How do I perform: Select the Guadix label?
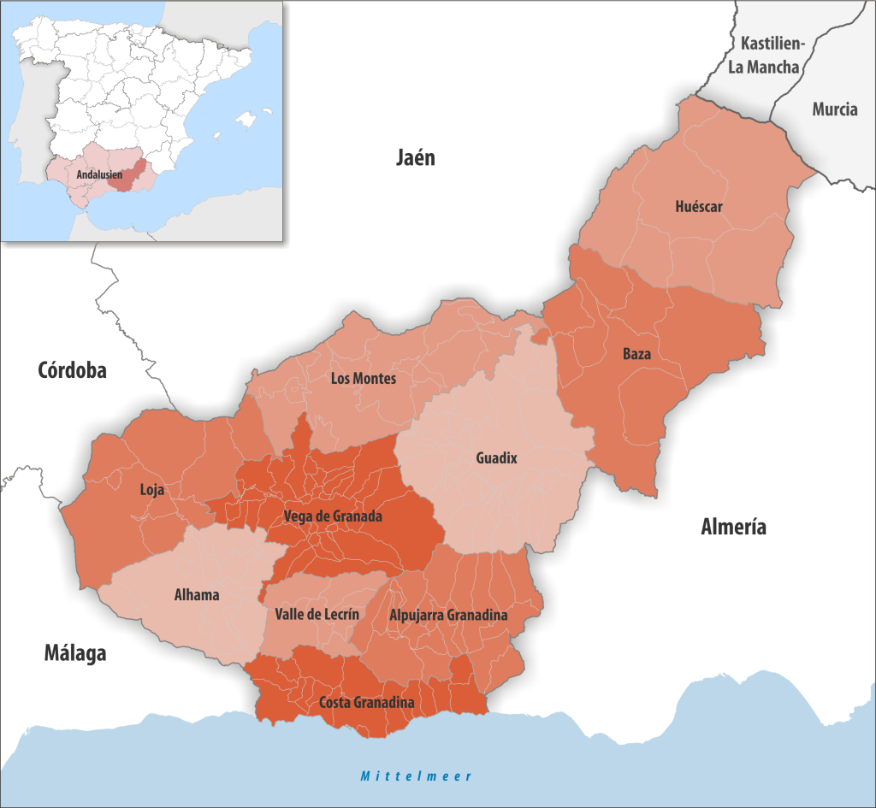point(496,458)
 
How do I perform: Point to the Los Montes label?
point(364,378)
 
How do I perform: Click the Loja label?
point(151,491)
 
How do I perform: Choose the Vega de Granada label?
point(333,516)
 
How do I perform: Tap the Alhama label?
point(197,595)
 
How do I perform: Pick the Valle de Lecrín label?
point(317,614)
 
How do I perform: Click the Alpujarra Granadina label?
point(448,615)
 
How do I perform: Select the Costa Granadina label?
point(366,703)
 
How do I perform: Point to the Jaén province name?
point(415,157)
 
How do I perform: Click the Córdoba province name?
point(72,370)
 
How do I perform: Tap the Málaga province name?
point(75,654)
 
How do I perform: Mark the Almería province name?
point(733,528)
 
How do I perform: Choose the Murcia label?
point(835,109)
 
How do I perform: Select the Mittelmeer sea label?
point(416,776)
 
